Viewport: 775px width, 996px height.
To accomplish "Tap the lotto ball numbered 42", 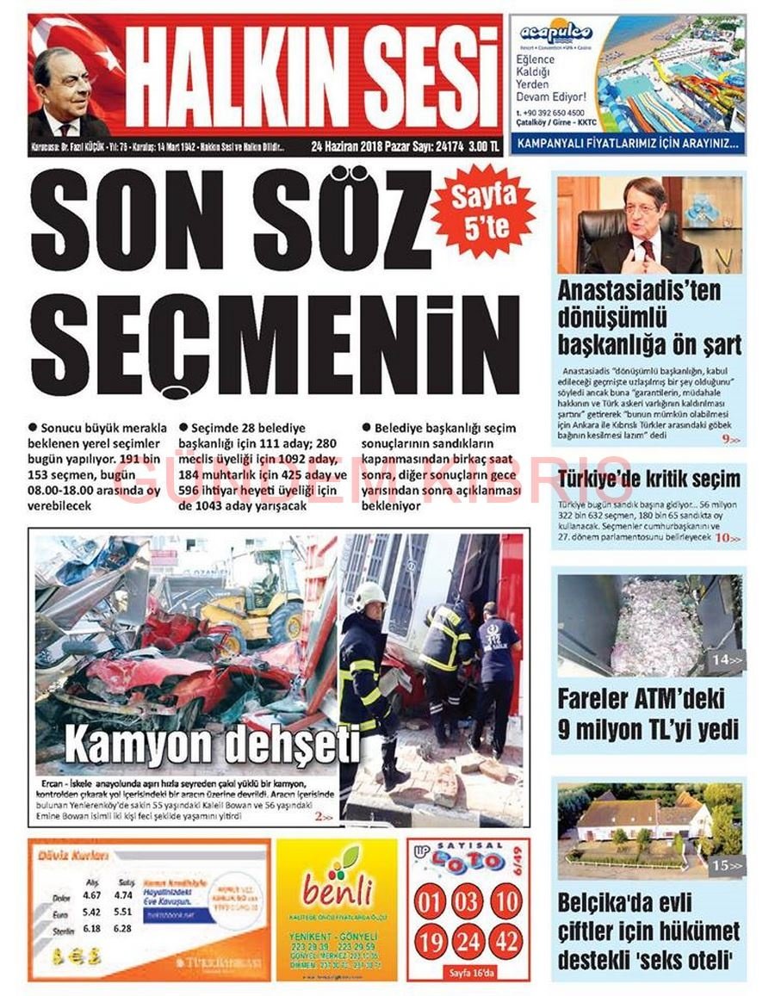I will tap(506, 941).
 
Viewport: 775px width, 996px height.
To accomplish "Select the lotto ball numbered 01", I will tap(430, 902).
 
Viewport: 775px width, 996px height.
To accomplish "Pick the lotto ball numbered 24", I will tap(468, 941).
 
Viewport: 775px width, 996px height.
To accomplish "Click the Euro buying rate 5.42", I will tap(91, 912).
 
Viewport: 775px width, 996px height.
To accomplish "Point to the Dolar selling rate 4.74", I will tap(122, 894).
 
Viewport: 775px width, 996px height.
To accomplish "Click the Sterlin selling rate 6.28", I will tap(122, 929).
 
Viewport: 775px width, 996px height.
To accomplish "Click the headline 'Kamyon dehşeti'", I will tap(212, 743).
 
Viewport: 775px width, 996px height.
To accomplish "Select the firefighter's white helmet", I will tap(370, 593).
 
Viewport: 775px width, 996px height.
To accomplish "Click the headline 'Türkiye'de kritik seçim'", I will tap(648, 479).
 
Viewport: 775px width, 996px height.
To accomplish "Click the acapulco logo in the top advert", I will tap(556, 34).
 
